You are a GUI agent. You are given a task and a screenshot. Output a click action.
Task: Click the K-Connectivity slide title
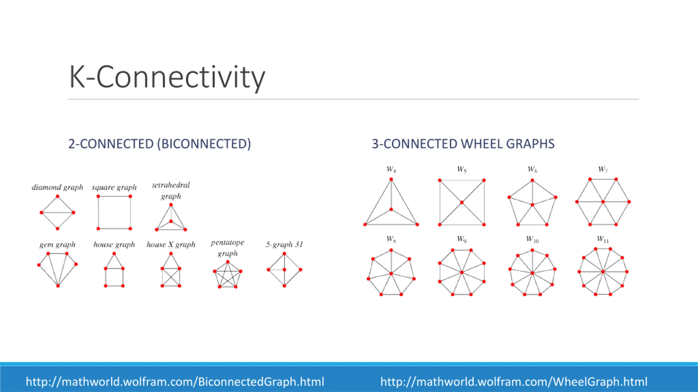click(167, 77)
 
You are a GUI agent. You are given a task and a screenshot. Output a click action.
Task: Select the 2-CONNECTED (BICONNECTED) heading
click(160, 144)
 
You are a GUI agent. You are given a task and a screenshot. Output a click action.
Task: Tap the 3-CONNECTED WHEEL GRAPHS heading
click(463, 144)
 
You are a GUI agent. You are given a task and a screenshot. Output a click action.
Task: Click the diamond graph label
click(57, 187)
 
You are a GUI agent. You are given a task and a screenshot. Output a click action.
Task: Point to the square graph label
click(114, 187)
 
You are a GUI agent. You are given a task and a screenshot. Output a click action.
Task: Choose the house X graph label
click(171, 244)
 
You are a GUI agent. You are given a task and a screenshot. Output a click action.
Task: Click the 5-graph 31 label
click(284, 244)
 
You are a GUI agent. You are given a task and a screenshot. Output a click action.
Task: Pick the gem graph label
click(57, 244)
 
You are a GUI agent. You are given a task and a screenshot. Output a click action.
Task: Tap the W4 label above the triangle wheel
click(391, 169)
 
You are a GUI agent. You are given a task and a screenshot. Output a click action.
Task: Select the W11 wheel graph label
click(603, 239)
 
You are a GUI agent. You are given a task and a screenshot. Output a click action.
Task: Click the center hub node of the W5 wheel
click(462, 203)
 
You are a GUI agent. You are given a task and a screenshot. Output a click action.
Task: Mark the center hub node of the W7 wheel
click(603, 202)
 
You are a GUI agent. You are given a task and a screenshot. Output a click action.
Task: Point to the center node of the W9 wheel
click(462, 272)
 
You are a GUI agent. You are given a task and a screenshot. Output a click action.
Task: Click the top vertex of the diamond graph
click(57, 196)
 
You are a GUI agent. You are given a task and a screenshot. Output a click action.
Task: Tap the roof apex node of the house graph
click(114, 254)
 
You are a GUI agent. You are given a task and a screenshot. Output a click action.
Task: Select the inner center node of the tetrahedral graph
click(171, 221)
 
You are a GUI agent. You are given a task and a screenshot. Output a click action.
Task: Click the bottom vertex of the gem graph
click(58, 286)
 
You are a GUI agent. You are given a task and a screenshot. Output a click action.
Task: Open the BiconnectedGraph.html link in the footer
click(175, 382)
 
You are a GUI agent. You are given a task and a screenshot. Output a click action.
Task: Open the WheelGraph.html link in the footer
click(514, 382)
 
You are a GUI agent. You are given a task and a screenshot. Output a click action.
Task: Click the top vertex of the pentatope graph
click(228, 262)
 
